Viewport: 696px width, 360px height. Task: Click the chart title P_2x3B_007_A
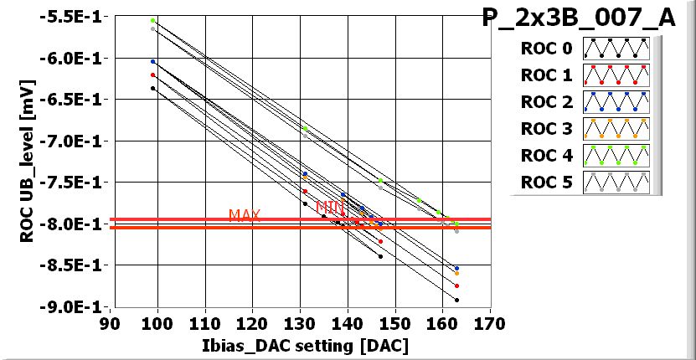coord(579,18)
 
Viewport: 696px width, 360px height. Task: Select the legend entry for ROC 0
coord(585,49)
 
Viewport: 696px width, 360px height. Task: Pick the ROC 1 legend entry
coord(585,75)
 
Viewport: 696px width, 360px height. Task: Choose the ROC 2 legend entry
coord(585,102)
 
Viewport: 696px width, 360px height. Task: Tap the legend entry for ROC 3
coord(585,129)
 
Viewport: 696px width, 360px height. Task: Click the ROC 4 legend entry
coord(585,156)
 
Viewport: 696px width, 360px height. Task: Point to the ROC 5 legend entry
coord(585,183)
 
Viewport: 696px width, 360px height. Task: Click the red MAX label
coord(245,215)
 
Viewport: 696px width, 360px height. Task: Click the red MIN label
coord(330,207)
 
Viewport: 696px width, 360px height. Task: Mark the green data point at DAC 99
coord(153,20)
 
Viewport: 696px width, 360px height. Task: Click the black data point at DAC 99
coord(153,88)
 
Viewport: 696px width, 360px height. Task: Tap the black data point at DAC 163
coord(456,300)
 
